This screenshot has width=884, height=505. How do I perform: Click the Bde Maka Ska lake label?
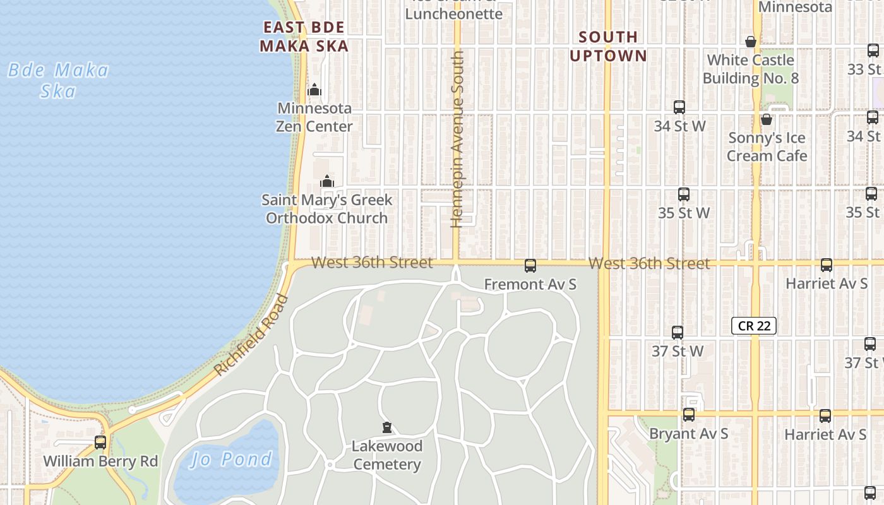(58, 80)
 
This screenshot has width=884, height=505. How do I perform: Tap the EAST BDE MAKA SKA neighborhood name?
(304, 37)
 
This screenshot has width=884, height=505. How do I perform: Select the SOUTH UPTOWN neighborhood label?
(608, 46)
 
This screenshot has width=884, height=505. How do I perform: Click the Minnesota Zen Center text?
(314, 117)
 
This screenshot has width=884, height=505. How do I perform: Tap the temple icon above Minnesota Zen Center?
(314, 90)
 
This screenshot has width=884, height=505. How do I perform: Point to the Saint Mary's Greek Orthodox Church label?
(326, 209)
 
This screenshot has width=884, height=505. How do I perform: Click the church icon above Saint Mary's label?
(326, 182)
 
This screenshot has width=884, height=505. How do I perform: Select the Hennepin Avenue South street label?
(458, 139)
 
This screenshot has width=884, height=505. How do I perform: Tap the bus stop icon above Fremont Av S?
(530, 266)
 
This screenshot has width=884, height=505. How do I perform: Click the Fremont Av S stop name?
(530, 285)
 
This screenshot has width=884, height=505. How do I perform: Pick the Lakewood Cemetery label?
(387, 455)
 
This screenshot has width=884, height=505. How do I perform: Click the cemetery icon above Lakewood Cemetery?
(387, 427)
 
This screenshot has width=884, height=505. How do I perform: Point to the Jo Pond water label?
(232, 459)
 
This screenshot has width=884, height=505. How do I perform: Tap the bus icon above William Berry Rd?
(100, 442)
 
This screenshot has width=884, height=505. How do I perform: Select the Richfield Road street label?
(251, 335)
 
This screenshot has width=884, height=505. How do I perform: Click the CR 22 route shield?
(753, 326)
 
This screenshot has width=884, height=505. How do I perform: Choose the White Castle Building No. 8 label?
(750, 69)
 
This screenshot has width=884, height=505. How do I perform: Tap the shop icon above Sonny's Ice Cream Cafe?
(767, 119)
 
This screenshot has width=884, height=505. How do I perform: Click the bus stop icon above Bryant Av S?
(689, 415)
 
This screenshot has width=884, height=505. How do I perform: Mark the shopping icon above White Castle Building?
(751, 42)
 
